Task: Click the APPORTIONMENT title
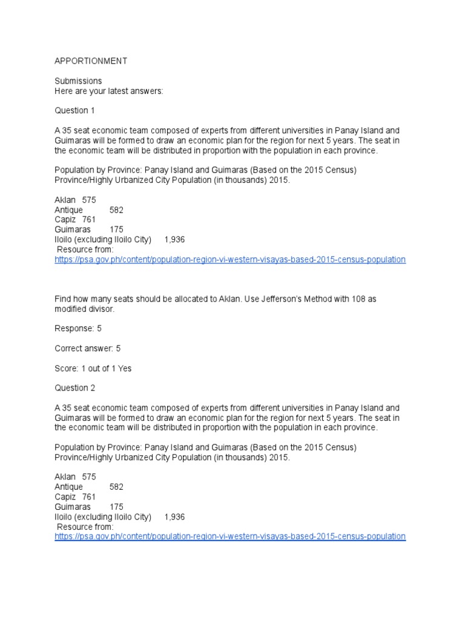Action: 91,61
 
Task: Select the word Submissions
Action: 78,81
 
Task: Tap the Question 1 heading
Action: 75,111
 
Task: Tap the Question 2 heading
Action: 75,388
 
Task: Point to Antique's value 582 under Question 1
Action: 116,210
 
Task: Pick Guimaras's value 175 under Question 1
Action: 116,229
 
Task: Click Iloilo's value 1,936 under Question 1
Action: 174,240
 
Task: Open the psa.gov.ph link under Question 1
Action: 230,260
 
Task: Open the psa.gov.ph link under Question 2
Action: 230,536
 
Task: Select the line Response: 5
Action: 78,329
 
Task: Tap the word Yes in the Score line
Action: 125,368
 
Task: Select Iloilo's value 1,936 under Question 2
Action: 174,517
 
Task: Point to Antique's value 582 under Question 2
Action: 116,487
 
